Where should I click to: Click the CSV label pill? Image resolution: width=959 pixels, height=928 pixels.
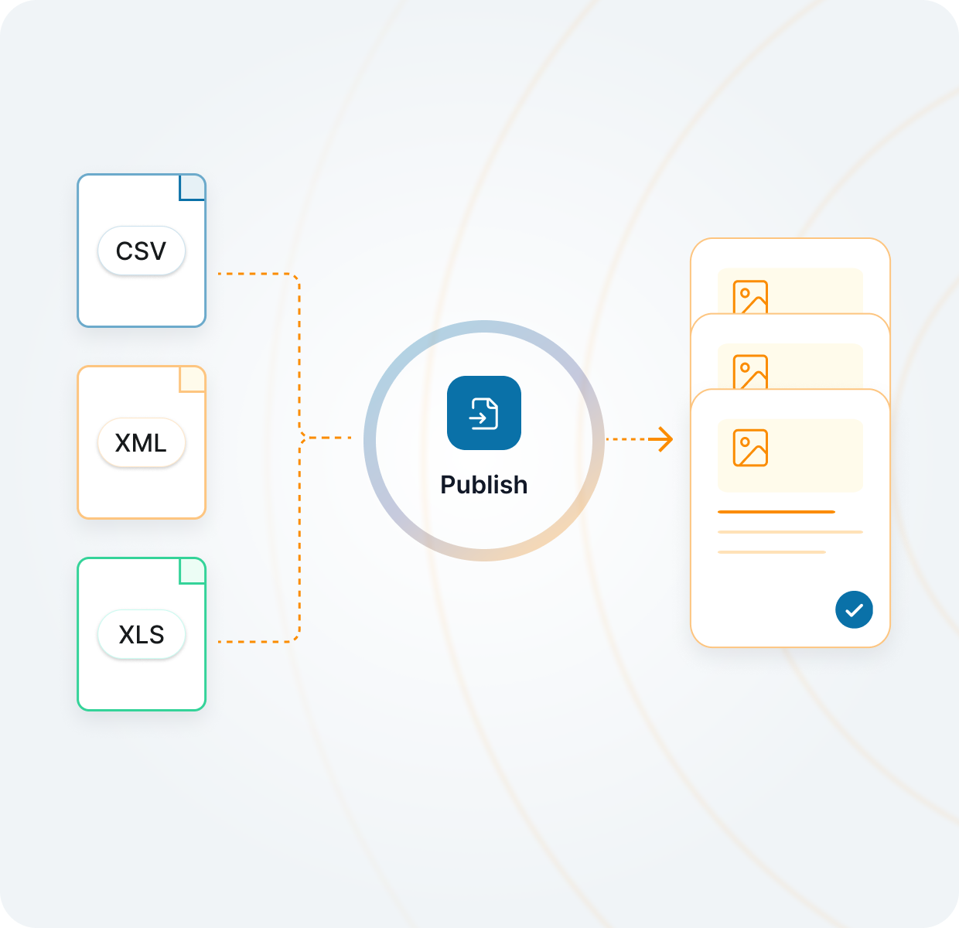(142, 251)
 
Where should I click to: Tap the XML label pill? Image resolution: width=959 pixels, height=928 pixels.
(142, 442)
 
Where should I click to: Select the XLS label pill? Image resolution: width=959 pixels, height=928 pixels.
(142, 634)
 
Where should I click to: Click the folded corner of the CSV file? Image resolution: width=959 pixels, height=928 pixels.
(193, 187)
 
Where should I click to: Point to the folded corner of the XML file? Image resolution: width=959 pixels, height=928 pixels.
(193, 379)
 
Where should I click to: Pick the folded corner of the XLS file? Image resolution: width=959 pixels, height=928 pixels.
(193, 571)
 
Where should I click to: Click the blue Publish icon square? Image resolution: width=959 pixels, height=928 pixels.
(484, 413)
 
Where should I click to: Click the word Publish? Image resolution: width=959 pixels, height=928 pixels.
(484, 485)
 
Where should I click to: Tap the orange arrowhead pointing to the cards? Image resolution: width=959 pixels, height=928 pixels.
(663, 439)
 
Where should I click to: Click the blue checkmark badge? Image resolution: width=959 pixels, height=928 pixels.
(854, 609)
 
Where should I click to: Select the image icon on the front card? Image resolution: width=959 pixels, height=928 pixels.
(750, 448)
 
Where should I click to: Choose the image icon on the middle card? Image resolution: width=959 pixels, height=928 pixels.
(750, 371)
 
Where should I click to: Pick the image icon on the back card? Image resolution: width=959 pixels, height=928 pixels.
(750, 296)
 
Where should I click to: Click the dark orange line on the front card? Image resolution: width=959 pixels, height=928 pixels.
(776, 512)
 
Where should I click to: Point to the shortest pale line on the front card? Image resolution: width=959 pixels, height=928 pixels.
(772, 552)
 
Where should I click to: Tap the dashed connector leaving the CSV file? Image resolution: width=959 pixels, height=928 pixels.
(255, 274)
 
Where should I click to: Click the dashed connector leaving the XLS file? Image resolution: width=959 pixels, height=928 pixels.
(255, 642)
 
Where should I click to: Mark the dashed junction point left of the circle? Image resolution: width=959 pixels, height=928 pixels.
(302, 438)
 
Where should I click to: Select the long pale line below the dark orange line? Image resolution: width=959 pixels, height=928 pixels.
(790, 532)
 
